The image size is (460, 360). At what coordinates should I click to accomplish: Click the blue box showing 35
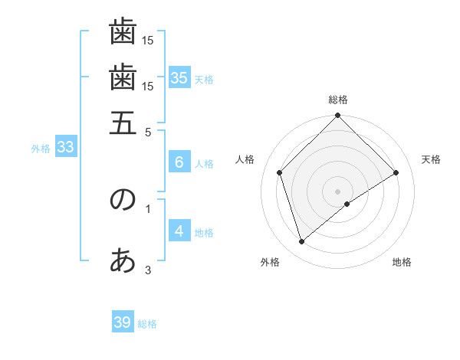pos(179,77)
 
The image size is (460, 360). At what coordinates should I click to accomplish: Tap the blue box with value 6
pos(179,162)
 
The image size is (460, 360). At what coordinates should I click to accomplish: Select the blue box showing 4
pos(179,231)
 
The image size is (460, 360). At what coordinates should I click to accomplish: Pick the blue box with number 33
pos(64,147)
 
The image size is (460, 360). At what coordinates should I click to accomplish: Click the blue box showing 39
pos(122,322)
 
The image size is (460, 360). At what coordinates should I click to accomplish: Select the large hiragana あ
pos(123,261)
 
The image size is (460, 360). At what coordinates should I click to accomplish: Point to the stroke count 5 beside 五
pos(148,131)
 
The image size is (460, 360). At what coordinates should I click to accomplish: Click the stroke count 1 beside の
pos(148,208)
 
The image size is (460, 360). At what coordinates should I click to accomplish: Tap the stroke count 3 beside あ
pos(148,269)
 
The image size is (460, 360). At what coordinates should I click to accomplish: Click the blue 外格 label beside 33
pos(41,149)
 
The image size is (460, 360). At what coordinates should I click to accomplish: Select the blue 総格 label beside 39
pos(147,324)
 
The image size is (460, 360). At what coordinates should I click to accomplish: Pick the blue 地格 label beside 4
pos(204,233)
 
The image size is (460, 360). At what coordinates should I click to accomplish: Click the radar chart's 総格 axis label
pos(338,100)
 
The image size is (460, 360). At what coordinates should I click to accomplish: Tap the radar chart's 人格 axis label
pos(245,159)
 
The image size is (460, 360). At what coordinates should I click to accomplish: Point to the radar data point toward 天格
pos(396,172)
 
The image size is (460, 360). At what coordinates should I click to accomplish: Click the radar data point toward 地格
pos(347,204)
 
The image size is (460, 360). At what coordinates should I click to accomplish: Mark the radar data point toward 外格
pos(302,242)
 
